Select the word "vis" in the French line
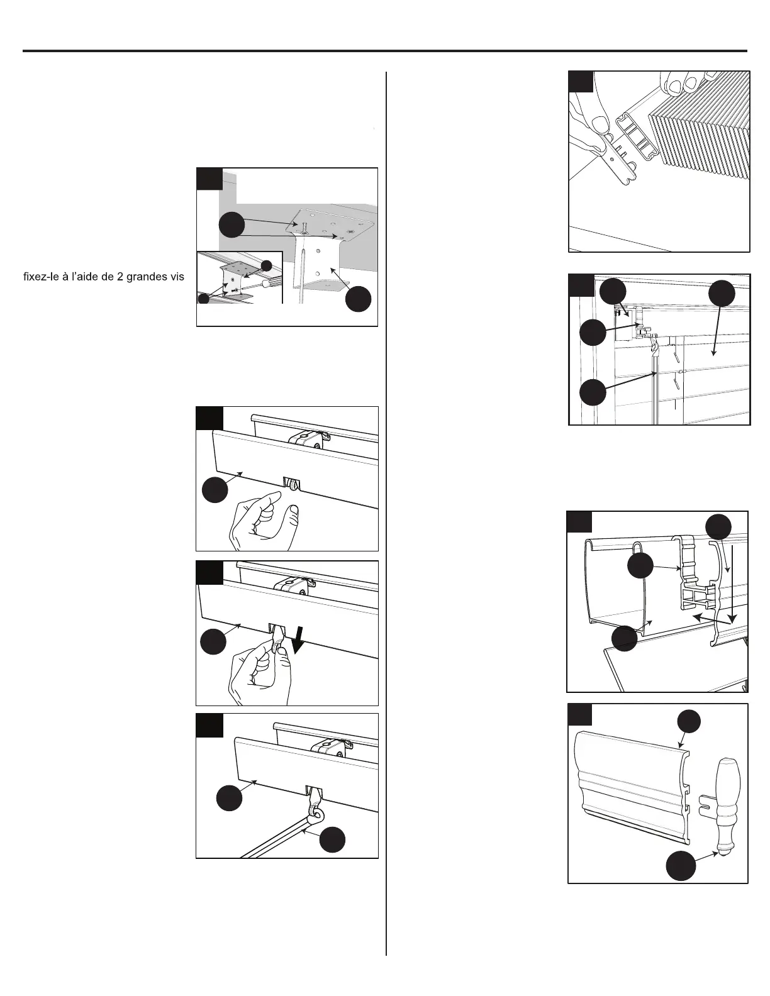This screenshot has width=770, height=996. click(x=176, y=277)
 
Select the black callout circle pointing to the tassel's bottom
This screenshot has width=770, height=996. click(x=681, y=866)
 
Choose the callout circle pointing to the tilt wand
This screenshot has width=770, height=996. click(x=332, y=840)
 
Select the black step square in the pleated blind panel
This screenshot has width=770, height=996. click(x=581, y=82)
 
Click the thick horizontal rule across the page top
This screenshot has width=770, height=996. click(x=385, y=50)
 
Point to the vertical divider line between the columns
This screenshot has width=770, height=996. click(x=386, y=503)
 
